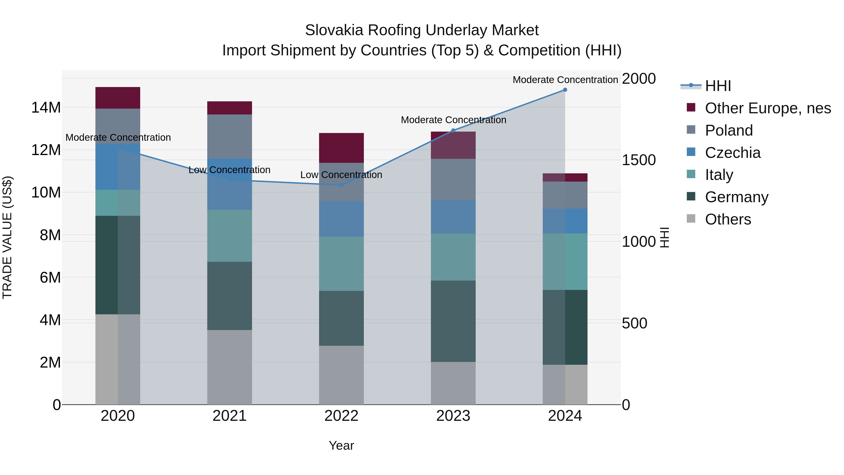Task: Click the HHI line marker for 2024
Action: (x=565, y=90)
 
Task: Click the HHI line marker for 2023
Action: (x=453, y=130)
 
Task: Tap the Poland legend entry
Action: (x=729, y=130)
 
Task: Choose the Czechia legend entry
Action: (x=733, y=153)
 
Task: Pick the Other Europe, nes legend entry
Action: (x=768, y=108)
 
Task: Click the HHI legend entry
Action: (x=718, y=86)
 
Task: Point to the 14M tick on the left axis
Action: (x=46, y=107)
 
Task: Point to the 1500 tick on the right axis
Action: (x=638, y=160)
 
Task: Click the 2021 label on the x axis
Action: (x=229, y=416)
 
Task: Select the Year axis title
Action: (x=341, y=445)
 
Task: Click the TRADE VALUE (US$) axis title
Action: (x=7, y=237)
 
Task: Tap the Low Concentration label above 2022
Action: (x=341, y=175)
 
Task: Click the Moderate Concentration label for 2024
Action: (x=565, y=80)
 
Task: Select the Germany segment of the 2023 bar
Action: (x=453, y=321)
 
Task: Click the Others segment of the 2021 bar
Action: (x=229, y=367)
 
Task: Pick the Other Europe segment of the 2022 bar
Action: (x=341, y=148)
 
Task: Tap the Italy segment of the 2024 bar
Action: (x=565, y=262)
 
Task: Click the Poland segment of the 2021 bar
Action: (x=229, y=136)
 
